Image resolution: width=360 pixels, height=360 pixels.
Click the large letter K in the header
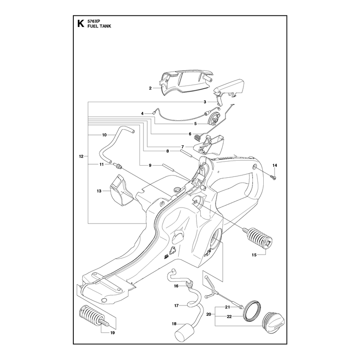click(x=81, y=24)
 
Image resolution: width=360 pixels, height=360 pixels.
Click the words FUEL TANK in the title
click(x=99, y=26)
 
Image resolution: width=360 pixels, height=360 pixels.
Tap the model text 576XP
click(x=92, y=21)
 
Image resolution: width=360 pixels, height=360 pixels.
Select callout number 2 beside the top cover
click(x=150, y=88)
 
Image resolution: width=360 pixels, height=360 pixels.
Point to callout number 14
click(x=275, y=165)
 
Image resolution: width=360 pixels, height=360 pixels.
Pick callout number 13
click(x=99, y=191)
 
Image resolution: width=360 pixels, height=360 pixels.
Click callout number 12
click(x=81, y=156)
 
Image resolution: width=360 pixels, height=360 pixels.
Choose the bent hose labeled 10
click(x=117, y=144)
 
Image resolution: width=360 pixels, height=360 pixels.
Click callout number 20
click(x=208, y=314)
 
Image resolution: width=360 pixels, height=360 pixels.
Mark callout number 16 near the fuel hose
click(x=176, y=286)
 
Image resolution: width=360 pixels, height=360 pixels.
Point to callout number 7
click(x=183, y=147)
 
